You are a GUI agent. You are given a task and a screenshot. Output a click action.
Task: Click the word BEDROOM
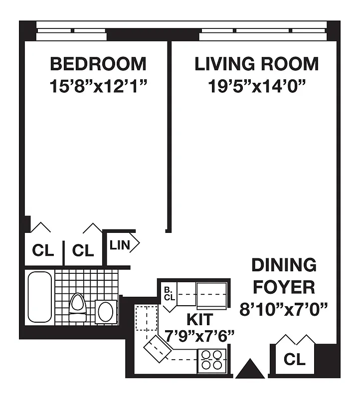click(98, 64)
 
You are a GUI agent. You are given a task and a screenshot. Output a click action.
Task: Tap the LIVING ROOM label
click(256, 64)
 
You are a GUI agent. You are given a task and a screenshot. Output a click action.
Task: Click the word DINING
click(283, 265)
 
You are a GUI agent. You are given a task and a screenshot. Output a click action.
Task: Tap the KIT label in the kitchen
click(199, 319)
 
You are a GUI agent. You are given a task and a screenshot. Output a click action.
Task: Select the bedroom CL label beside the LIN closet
click(83, 250)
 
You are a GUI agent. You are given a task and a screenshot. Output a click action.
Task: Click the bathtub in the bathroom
click(39, 297)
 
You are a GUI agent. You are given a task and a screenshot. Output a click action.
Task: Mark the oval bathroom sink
click(105, 311)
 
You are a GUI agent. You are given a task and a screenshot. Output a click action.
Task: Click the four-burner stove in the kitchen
click(212, 360)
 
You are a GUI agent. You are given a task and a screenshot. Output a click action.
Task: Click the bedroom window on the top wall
click(71, 33)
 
